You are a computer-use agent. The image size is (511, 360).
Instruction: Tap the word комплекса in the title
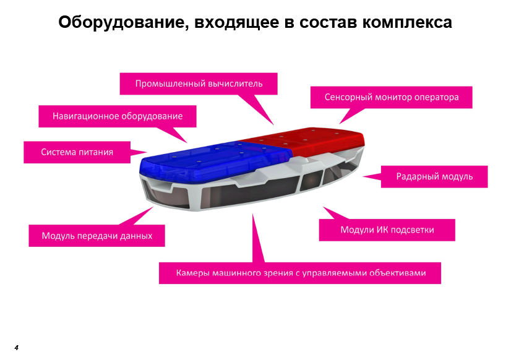click(x=407, y=23)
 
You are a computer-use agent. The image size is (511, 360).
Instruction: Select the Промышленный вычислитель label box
click(x=199, y=84)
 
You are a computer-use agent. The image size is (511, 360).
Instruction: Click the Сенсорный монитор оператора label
click(x=391, y=97)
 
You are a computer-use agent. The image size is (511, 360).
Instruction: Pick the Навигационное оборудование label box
click(x=118, y=116)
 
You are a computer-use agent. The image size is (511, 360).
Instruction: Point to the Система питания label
click(x=77, y=152)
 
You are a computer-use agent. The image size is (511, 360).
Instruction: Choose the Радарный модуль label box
click(x=434, y=176)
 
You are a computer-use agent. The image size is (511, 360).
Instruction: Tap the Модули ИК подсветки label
click(x=387, y=230)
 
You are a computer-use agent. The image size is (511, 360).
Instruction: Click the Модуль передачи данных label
click(x=97, y=236)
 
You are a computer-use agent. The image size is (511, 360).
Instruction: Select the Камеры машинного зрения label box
click(x=300, y=273)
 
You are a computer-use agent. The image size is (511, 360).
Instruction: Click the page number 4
click(x=17, y=348)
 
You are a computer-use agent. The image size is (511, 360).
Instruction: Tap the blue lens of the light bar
click(x=212, y=160)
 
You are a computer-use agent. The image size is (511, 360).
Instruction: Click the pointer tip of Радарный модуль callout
click(x=363, y=176)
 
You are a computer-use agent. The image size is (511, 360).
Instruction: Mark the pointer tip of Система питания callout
click(x=147, y=152)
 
